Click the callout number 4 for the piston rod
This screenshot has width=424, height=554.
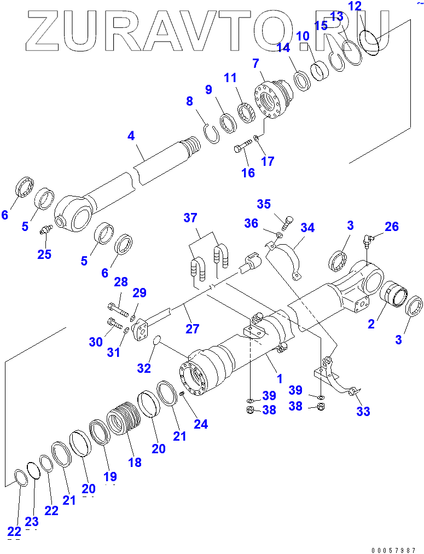tap(131, 135)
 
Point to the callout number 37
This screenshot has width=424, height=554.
tap(190, 218)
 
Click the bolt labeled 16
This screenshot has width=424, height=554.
tap(241, 147)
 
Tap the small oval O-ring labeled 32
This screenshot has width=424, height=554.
tap(156, 341)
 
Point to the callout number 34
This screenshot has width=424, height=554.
tap(307, 227)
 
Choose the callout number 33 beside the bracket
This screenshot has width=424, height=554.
tap(363, 412)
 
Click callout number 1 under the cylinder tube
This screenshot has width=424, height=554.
tap(279, 378)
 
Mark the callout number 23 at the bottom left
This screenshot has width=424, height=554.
tap(32, 521)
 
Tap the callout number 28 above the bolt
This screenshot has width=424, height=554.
tap(121, 282)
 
